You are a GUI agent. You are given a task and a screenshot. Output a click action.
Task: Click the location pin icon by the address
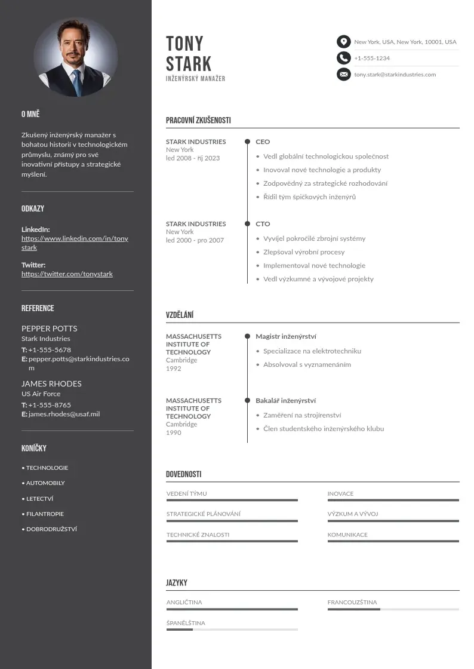point(343,42)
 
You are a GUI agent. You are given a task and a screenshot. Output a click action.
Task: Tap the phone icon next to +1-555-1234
point(343,58)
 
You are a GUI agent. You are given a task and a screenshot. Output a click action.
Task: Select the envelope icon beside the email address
point(343,75)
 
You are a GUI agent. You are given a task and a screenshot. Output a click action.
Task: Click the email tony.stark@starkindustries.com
point(395,75)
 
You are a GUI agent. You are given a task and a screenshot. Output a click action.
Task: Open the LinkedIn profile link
point(75,243)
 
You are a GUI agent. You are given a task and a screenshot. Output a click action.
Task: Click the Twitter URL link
point(67,274)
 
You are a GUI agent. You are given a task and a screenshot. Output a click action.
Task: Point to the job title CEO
point(263,142)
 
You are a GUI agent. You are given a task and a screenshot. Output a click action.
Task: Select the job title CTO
point(263,224)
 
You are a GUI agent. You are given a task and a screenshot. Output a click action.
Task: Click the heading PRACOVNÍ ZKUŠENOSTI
point(198,121)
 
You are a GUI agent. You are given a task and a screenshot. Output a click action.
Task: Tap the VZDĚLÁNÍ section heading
point(180,315)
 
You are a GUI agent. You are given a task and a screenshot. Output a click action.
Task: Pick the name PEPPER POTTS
point(49,329)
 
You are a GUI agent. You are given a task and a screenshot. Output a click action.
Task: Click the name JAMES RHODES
point(51,383)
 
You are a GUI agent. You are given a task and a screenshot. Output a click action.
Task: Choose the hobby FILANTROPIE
point(45,514)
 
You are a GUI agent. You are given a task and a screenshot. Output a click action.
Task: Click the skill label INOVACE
point(340,494)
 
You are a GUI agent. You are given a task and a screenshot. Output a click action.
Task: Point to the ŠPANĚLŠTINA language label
point(186,623)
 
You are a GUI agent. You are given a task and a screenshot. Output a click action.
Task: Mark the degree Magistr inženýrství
point(286,337)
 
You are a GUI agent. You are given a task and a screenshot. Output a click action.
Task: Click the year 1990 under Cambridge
point(174,432)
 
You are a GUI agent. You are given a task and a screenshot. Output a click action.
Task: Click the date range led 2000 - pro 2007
point(195,240)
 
